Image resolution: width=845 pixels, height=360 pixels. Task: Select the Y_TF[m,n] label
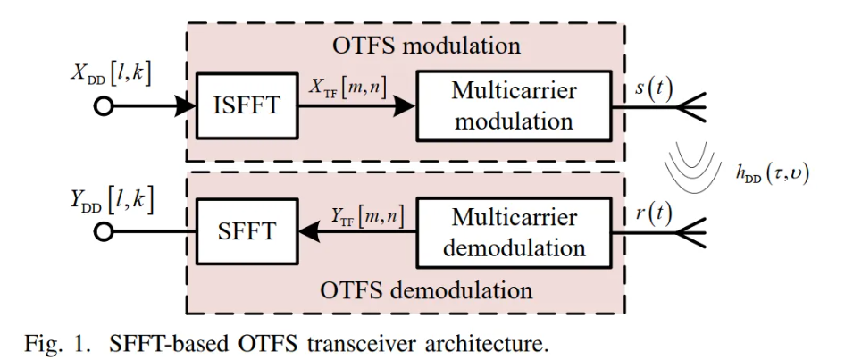click(x=361, y=215)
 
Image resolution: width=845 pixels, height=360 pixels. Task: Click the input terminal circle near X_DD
click(x=105, y=107)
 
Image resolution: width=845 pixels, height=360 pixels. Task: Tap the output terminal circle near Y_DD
click(x=105, y=231)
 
